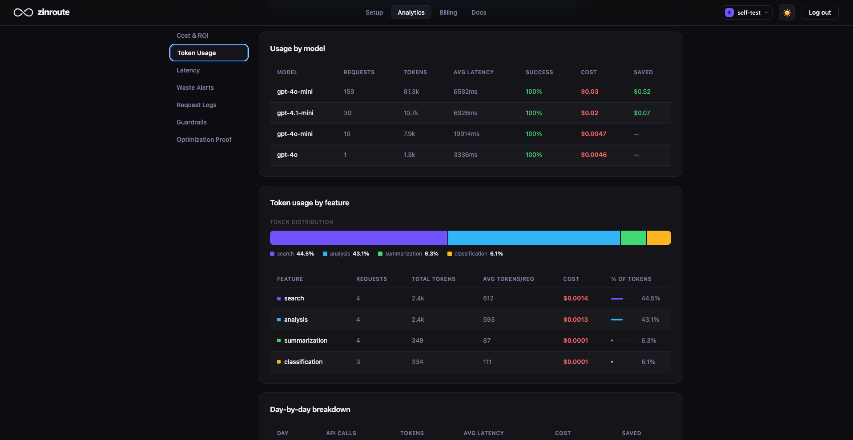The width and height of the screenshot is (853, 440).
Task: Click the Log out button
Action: click(820, 12)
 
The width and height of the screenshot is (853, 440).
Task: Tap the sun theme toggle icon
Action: click(787, 12)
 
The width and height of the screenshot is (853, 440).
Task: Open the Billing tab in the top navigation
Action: click(448, 12)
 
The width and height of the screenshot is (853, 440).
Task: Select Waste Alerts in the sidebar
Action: click(195, 88)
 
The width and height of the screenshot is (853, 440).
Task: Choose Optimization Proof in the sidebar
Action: click(204, 140)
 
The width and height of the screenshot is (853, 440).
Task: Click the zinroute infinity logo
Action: click(23, 12)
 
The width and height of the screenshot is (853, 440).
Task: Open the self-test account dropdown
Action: click(747, 12)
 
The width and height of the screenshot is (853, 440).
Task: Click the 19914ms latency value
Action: click(466, 134)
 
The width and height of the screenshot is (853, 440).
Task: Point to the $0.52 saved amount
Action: click(642, 92)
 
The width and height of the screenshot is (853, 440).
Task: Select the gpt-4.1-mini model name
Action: click(295, 113)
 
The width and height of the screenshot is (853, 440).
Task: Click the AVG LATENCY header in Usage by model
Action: click(473, 72)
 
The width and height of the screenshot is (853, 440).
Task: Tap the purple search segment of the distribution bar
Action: click(358, 238)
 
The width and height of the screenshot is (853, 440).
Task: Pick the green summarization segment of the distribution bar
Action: click(633, 238)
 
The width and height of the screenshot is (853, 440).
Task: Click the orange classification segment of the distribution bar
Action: click(659, 238)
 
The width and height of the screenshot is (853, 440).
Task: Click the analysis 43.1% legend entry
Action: click(346, 254)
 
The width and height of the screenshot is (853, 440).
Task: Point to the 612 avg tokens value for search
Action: click(488, 298)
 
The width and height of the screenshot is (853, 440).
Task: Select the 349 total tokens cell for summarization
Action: click(417, 340)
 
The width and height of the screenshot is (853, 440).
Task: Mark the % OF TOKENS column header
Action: click(631, 279)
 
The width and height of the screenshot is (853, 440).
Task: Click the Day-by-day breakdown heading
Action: click(310, 409)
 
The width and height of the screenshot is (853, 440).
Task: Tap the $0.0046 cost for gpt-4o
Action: click(593, 155)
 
